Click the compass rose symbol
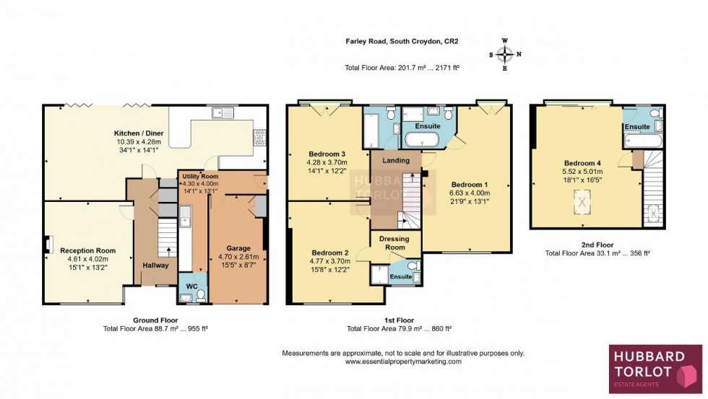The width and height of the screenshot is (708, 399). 504,54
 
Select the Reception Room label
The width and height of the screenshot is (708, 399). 87,251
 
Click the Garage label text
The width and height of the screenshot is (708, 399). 238,247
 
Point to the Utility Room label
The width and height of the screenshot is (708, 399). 199,176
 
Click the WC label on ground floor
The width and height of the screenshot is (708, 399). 192,286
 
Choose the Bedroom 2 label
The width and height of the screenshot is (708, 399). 329,253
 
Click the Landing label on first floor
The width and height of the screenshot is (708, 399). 397,160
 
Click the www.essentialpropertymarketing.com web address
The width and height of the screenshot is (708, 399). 402,361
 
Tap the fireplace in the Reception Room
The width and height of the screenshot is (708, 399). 48,245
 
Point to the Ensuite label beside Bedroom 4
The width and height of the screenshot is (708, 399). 637,127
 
